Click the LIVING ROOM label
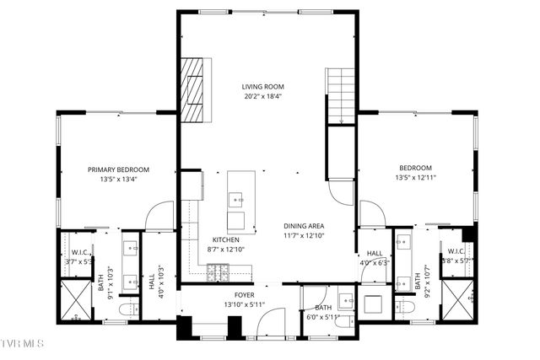pyautogui.click(x=262, y=86)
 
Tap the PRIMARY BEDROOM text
pyautogui.click(x=118, y=169)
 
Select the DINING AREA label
pyautogui.click(x=304, y=226)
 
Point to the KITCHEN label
pyautogui.click(x=225, y=239)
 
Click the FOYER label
pyautogui.click(x=245, y=294)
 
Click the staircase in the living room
pyautogui.click(x=342, y=96)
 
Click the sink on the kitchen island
pyautogui.click(x=235, y=201)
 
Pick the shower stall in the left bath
pyautogui.click(x=73, y=301)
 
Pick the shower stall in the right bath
pyautogui.click(x=460, y=300)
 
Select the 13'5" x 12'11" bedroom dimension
pyautogui.click(x=414, y=178)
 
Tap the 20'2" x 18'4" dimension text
pyautogui.click(x=262, y=95)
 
